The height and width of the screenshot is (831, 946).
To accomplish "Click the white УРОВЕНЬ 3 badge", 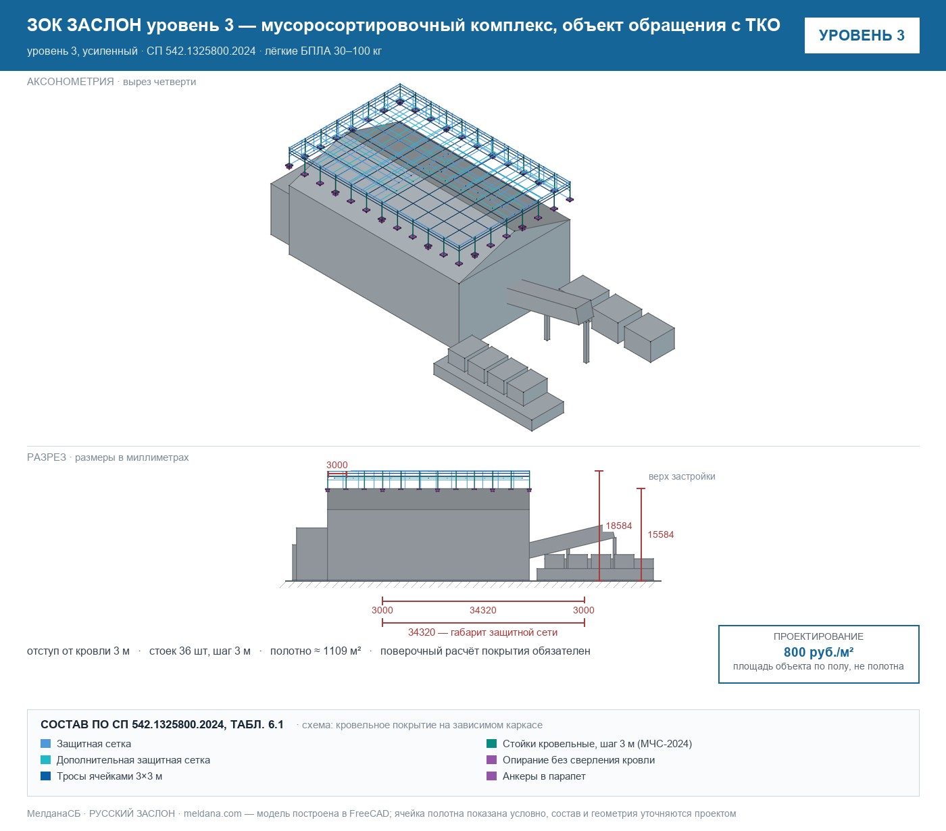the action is coord(862,36).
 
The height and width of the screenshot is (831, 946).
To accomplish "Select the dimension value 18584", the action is coord(619,526).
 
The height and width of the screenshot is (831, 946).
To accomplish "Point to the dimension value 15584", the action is coord(660,534).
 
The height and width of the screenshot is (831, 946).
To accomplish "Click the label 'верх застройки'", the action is coord(682,476).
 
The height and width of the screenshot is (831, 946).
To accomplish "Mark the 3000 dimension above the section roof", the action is coord(337,465).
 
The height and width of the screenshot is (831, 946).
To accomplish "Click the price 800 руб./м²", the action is coord(818,652).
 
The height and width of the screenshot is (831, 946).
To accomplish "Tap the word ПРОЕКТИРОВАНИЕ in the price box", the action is coord(818,636).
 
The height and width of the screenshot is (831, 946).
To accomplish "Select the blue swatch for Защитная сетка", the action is coord(46,744).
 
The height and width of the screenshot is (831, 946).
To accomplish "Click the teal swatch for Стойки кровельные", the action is coord(492,744).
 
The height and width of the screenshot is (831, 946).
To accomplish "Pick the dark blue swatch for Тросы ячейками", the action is coord(46,776).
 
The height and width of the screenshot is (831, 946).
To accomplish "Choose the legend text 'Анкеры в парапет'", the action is coord(544,776).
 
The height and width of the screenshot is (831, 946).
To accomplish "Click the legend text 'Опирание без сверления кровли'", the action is coord(578,760).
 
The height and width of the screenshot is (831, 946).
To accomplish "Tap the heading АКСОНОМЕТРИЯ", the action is coord(70,82).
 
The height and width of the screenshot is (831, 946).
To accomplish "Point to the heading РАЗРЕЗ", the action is coord(47,457).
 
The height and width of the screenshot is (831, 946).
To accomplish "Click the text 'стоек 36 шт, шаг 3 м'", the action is coord(200,651).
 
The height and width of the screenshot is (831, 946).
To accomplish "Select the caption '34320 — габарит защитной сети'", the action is coord(483,632).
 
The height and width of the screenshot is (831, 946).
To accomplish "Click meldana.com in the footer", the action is coord(212,813).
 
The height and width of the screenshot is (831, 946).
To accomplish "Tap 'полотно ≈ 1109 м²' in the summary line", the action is coord(316,651).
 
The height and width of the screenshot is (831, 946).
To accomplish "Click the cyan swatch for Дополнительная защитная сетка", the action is coord(46,760).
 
